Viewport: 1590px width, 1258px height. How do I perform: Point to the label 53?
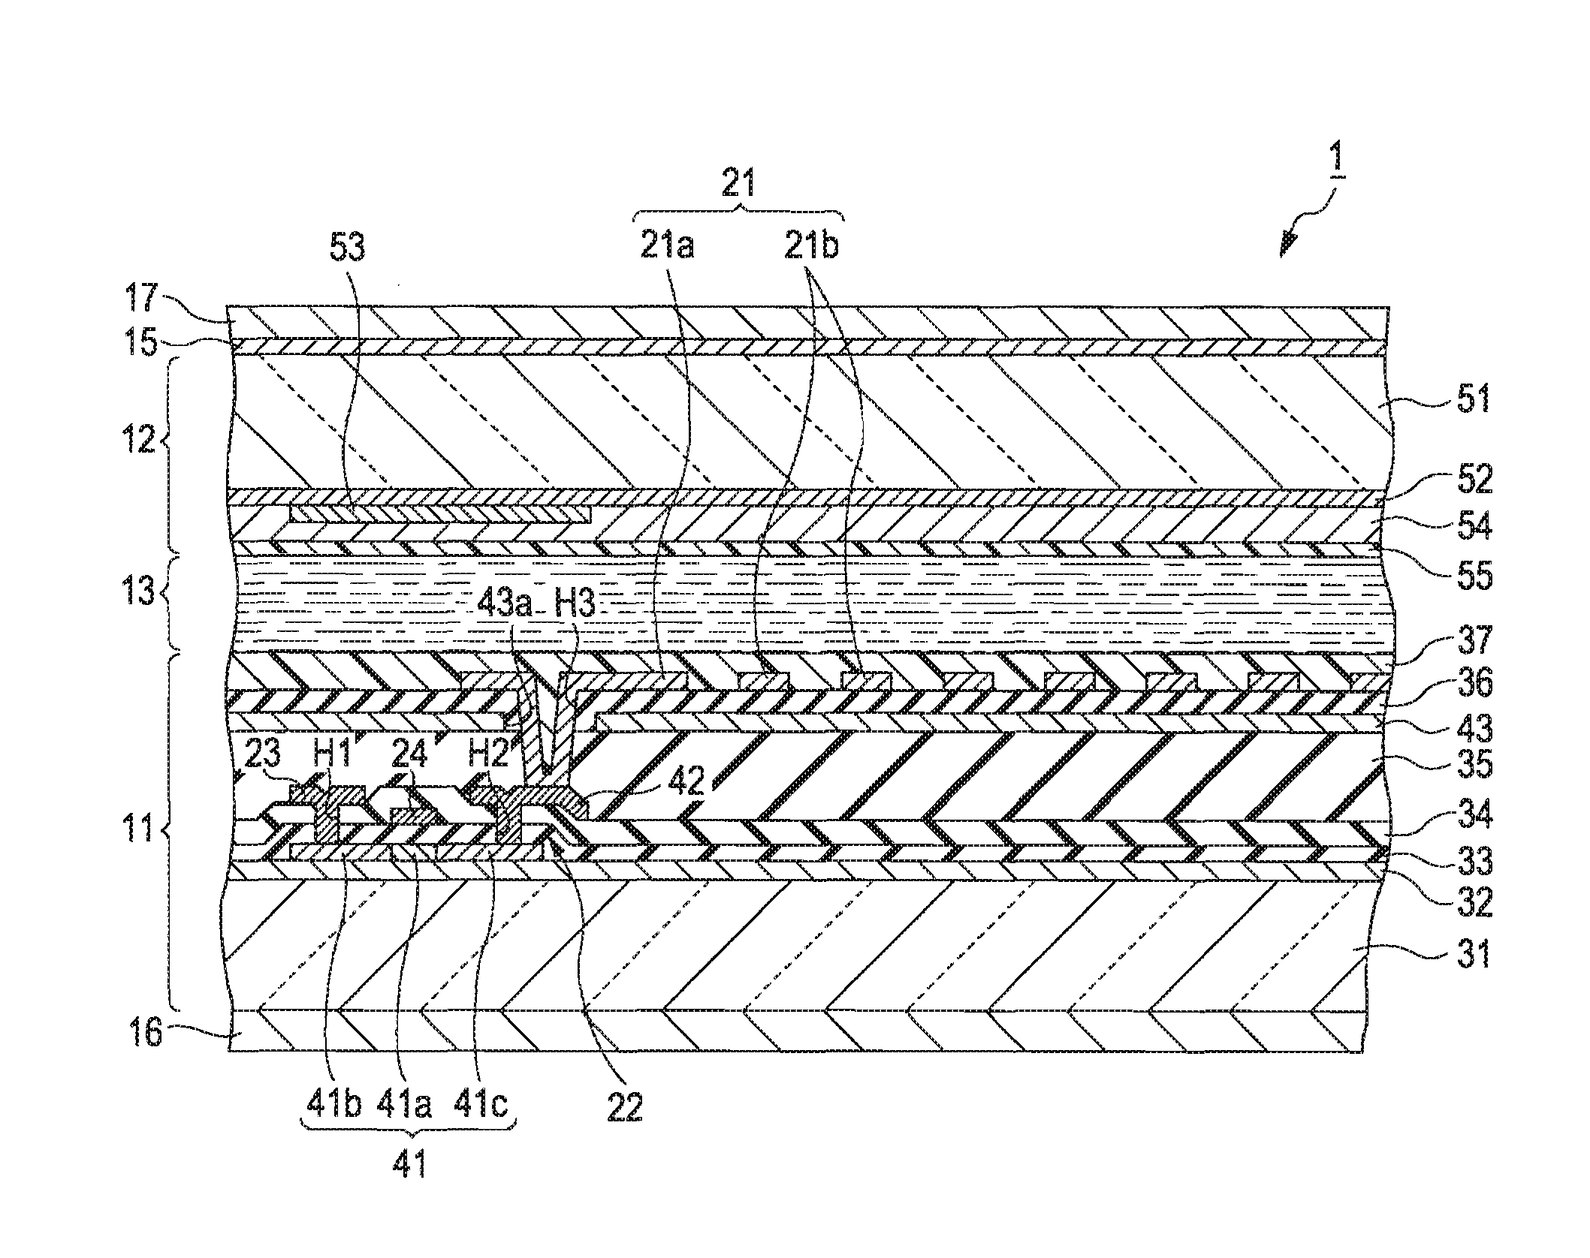[x=346, y=247]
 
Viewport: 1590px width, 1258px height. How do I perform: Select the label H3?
[x=574, y=606]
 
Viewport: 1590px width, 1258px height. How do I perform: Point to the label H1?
[x=332, y=754]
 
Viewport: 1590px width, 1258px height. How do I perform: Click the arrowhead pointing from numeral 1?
[x=1286, y=251]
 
